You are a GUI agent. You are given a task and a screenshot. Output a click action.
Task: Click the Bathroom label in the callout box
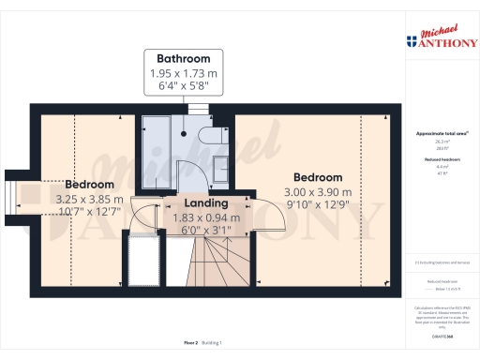coord(183,57)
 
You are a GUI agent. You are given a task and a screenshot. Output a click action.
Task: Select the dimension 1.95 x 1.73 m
coord(183,72)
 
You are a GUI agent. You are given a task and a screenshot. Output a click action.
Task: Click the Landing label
coord(204,202)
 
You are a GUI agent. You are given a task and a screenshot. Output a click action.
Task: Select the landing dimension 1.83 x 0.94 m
coord(204,217)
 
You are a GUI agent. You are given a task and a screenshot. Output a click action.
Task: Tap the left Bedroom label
coord(89,185)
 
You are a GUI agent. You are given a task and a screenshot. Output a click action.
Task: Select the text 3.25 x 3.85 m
coord(89,199)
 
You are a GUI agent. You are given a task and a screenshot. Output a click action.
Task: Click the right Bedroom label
coord(318,177)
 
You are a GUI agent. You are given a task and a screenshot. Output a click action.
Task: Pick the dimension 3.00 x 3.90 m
coord(318,192)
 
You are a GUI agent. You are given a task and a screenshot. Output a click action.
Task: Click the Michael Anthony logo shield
coord(411,40)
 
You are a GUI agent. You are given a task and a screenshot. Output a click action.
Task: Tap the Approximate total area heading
coord(436,134)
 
